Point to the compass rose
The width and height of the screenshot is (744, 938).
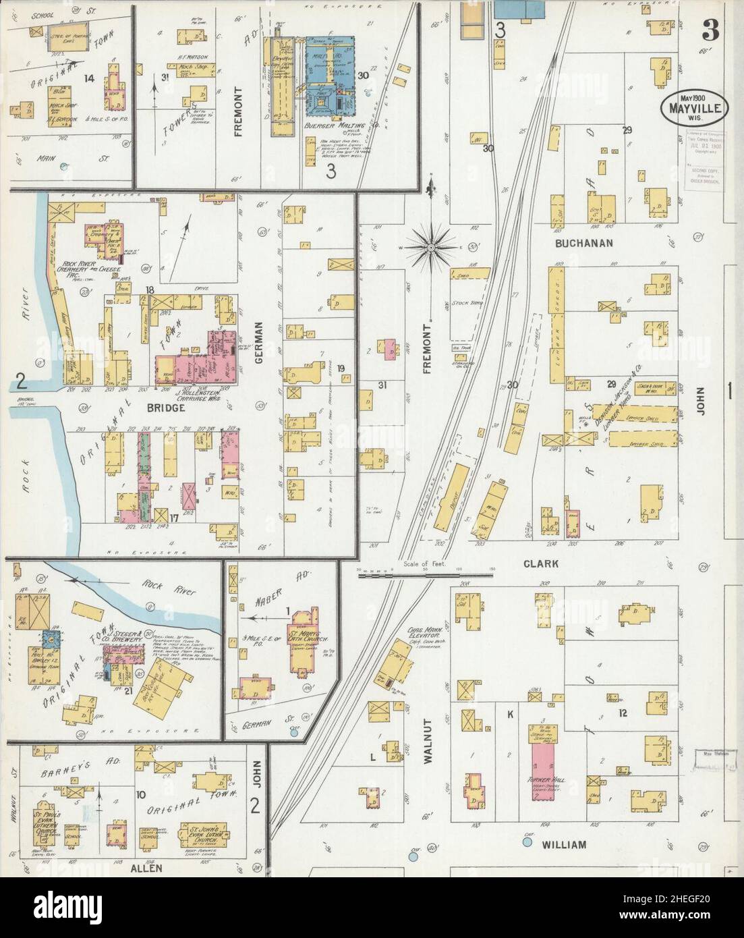(430, 248)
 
